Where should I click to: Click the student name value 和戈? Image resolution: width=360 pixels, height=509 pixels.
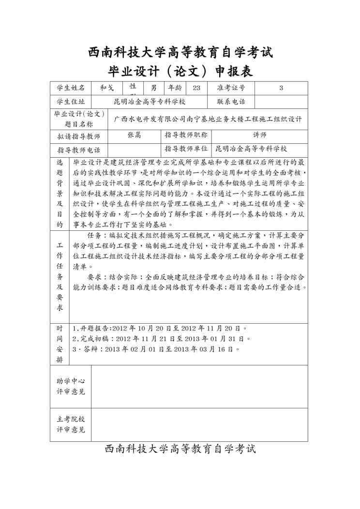coord(106,88)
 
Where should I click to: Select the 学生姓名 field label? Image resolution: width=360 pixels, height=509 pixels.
coord(71,88)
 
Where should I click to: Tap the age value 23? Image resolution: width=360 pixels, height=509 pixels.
coord(196,88)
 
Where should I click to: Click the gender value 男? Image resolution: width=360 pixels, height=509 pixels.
coord(154,88)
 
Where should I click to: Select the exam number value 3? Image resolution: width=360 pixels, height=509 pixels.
coord(281,88)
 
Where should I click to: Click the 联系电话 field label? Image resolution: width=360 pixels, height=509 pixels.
coord(231,102)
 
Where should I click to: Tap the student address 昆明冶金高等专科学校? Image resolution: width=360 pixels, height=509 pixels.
coord(150,102)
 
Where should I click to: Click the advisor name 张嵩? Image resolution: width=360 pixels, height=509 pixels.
coord(134,135)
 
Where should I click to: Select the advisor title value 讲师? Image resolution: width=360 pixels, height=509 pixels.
coord(260,135)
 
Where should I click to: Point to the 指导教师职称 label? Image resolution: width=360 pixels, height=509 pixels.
coord(186,135)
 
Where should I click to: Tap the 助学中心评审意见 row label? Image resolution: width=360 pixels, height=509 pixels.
coord(71,386)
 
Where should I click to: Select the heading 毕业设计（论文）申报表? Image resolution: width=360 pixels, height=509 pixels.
coord(180,72)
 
